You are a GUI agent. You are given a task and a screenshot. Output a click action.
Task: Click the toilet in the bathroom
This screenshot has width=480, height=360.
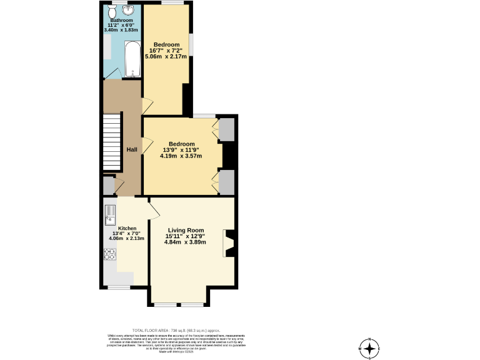coord(112,11)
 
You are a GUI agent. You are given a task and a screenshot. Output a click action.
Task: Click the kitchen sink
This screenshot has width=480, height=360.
coord(110,214)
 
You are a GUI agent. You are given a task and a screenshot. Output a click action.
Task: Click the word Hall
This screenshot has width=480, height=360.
coord(132,149)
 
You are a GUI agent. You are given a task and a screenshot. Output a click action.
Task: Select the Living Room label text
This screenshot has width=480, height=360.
coord(185,229)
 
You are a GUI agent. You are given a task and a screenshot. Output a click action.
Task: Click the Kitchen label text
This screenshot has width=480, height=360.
coord(118,229)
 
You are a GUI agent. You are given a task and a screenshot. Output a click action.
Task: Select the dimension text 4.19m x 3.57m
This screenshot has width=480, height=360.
coord(181,156)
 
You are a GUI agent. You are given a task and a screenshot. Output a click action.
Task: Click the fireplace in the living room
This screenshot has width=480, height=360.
coord(229,244)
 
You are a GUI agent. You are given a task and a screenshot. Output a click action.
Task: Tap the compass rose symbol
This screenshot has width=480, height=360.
coord(369,348)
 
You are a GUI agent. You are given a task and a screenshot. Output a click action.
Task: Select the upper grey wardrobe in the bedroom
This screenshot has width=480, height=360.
coord(226,129)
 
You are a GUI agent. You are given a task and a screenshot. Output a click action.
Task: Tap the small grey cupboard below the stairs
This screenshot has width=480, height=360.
coord(108,186)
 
